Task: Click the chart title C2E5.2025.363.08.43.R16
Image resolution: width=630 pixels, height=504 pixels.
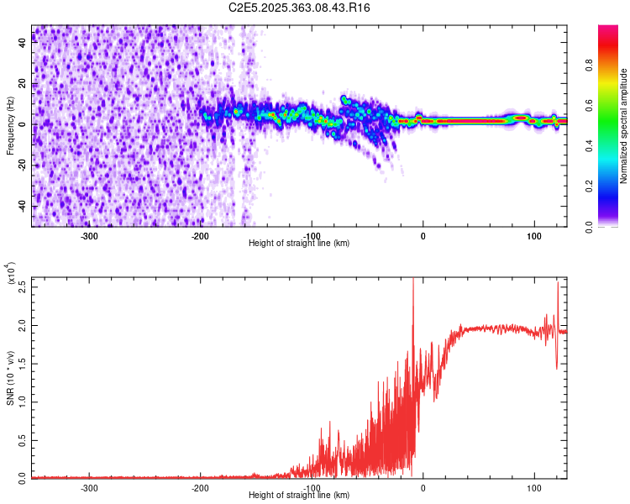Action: click(x=300, y=8)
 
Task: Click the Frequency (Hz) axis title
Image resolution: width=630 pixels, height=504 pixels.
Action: click(x=10, y=126)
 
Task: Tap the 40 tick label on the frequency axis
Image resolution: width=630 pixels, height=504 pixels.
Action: click(x=22, y=44)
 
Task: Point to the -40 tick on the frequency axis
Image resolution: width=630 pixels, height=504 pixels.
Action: click(x=22, y=207)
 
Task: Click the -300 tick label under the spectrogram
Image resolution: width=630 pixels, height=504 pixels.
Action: click(x=89, y=236)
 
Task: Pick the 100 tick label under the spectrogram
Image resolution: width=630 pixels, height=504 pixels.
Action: click(x=533, y=236)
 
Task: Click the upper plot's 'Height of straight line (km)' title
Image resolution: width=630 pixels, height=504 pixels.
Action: click(x=299, y=244)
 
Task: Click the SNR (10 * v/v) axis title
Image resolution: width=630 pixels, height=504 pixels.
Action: click(x=10, y=378)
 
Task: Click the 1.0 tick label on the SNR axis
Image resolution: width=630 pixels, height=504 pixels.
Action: click(x=23, y=401)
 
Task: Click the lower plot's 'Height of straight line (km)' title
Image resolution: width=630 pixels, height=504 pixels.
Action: click(x=299, y=496)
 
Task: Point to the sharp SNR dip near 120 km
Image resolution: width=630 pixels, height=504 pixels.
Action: click(x=556, y=365)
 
